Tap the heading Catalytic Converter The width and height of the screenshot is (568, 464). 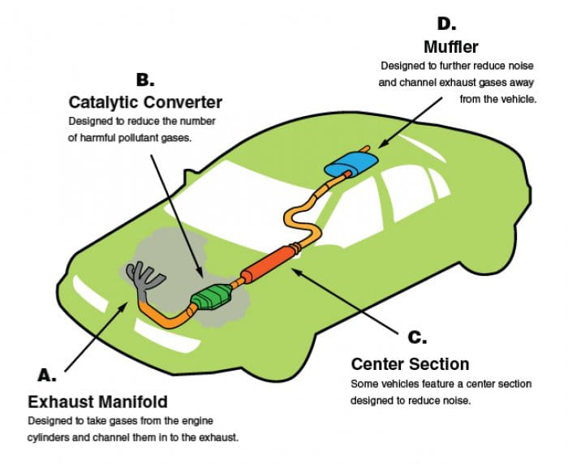[145, 102]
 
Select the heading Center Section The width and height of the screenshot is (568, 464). [409, 363]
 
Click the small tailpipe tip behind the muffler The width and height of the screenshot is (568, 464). [367, 148]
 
